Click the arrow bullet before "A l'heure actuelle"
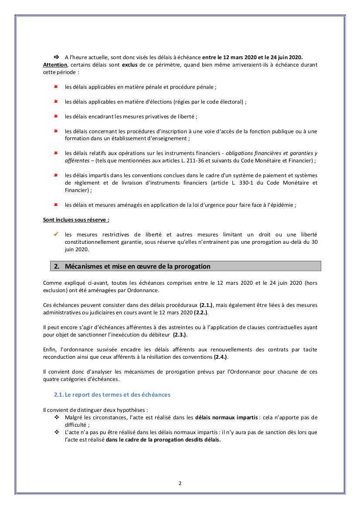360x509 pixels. click(x=56, y=57)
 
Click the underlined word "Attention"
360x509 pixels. click(x=55, y=65)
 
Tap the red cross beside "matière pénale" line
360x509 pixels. click(x=56, y=87)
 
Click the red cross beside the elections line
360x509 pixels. click(x=56, y=101)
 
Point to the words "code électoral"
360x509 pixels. click(x=225, y=102)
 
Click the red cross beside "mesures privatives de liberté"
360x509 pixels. click(x=56, y=117)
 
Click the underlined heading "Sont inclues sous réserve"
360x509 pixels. click(x=76, y=219)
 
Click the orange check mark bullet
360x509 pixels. click(x=56, y=234)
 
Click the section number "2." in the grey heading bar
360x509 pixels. click(x=57, y=266)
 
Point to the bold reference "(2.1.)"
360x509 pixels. click(x=207, y=305)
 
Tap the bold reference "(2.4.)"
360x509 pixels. click(x=221, y=357)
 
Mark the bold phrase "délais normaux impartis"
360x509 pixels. click(x=226, y=418)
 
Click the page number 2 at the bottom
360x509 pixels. click(x=180, y=483)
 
